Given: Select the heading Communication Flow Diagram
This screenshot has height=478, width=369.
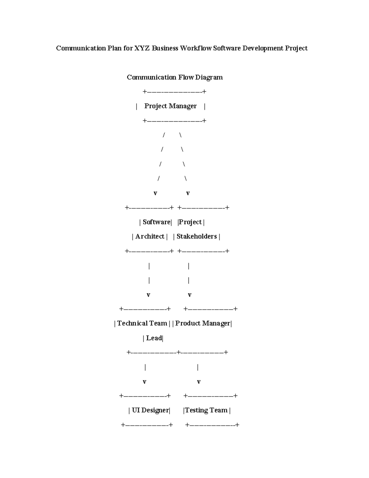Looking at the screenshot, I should (x=175, y=77).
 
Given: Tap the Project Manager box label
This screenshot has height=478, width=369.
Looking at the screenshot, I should (x=170, y=106).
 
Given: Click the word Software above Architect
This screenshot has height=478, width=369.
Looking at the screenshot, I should (x=156, y=222).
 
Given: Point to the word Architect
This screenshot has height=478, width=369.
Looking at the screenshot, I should (x=150, y=236).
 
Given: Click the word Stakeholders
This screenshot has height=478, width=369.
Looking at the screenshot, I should (x=196, y=236).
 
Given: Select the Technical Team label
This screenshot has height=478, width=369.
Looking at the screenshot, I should (x=142, y=323).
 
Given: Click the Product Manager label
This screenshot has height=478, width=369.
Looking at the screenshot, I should (x=203, y=323).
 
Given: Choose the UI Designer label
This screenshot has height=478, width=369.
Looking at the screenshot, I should (x=150, y=410).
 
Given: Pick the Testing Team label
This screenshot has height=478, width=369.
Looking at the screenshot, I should (x=206, y=410).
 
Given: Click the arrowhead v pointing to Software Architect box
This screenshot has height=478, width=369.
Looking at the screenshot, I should (x=155, y=193).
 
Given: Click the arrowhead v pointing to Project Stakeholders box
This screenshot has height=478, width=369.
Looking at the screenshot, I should (x=188, y=193).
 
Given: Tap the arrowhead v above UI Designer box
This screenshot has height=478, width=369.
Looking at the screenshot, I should (x=145, y=382).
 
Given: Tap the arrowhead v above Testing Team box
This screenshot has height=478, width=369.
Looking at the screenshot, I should (x=199, y=382).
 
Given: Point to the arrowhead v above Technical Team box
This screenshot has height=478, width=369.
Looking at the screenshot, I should (x=149, y=295).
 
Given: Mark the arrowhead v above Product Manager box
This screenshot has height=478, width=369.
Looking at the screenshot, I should (x=190, y=295).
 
